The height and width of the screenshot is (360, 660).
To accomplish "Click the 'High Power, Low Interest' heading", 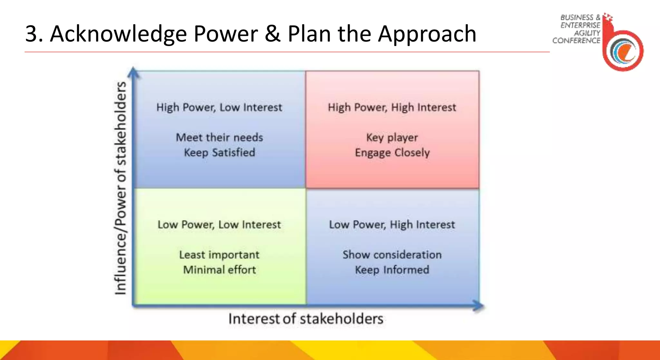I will [x=219, y=107].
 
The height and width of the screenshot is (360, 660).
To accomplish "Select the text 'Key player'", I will [x=392, y=138].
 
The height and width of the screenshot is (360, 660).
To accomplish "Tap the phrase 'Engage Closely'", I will [x=392, y=152].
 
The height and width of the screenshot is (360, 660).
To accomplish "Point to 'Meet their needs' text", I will [x=219, y=138].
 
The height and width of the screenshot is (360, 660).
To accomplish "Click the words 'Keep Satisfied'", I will [x=219, y=152].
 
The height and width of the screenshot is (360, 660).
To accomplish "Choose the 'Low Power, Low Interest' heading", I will [x=219, y=225].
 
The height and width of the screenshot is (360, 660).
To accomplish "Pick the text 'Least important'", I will [x=219, y=255].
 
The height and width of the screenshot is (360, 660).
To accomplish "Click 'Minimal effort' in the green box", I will [x=219, y=270].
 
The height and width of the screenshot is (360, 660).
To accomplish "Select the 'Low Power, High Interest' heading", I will [x=392, y=225].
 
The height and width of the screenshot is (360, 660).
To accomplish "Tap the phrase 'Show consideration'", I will [x=392, y=255].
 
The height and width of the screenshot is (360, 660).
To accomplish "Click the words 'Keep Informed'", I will [x=392, y=270].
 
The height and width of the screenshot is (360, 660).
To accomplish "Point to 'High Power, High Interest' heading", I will [x=392, y=107].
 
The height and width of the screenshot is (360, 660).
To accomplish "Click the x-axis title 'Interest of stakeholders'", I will [x=306, y=319].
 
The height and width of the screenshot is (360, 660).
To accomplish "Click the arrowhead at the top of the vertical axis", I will [x=133, y=73].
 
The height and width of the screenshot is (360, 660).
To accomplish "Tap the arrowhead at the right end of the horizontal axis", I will [x=478, y=306].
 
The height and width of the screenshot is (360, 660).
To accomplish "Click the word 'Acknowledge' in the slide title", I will [x=118, y=34].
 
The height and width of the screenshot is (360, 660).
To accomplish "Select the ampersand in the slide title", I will [x=273, y=34].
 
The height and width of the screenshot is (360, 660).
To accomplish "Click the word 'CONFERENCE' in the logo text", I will [x=576, y=41].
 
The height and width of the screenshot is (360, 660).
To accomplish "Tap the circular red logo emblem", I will [x=624, y=51].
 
